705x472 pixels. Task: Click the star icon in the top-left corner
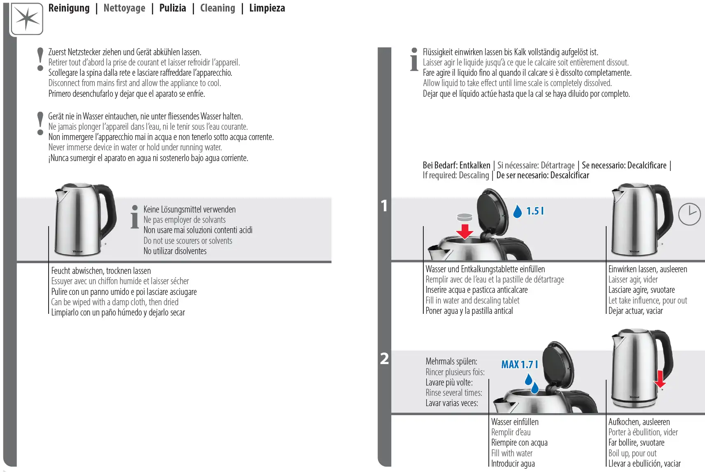(x=27, y=19)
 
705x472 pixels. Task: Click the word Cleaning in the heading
(x=217, y=8)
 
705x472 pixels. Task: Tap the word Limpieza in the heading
(x=267, y=8)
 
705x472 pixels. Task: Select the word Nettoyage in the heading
(x=124, y=8)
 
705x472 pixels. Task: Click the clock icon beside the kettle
(x=689, y=214)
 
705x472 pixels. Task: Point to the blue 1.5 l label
(x=535, y=211)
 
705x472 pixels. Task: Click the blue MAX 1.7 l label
(x=520, y=365)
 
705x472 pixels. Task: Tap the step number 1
(x=384, y=206)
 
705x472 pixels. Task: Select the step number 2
(x=384, y=358)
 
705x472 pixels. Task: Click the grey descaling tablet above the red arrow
(x=465, y=217)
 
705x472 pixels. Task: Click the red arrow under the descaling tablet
(x=465, y=231)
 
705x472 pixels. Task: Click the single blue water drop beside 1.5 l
(x=517, y=211)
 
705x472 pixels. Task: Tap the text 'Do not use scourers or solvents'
(x=188, y=241)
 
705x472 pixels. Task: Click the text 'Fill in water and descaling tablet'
(x=472, y=300)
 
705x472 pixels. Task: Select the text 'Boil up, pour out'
(x=633, y=453)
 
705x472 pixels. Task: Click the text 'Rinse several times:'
(x=454, y=393)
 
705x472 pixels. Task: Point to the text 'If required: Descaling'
(x=456, y=175)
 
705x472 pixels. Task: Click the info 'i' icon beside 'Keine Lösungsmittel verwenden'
(x=135, y=217)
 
